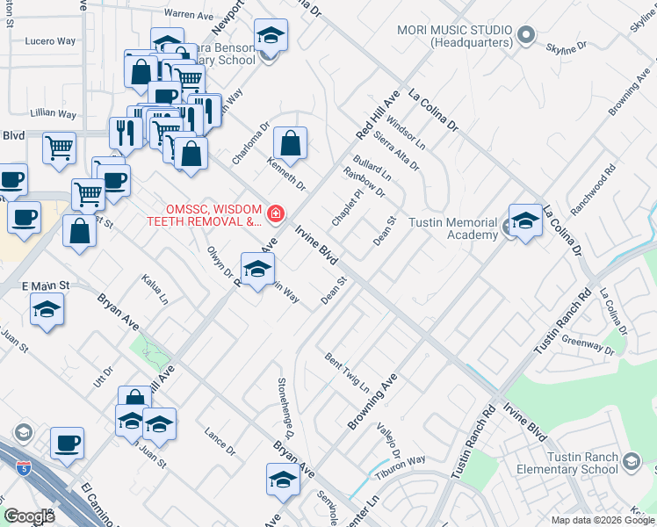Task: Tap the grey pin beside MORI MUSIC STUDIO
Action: pyautogui.click(x=526, y=36)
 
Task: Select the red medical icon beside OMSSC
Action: pyautogui.click(x=276, y=213)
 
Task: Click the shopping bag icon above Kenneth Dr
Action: pyautogui.click(x=290, y=142)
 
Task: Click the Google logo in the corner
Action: pyautogui.click(x=29, y=516)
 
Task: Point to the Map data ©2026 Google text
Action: pyautogui.click(x=603, y=520)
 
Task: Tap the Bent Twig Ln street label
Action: pyautogui.click(x=346, y=372)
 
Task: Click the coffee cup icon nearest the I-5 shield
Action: pyautogui.click(x=66, y=444)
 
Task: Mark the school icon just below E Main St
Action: pyautogui.click(x=47, y=311)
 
